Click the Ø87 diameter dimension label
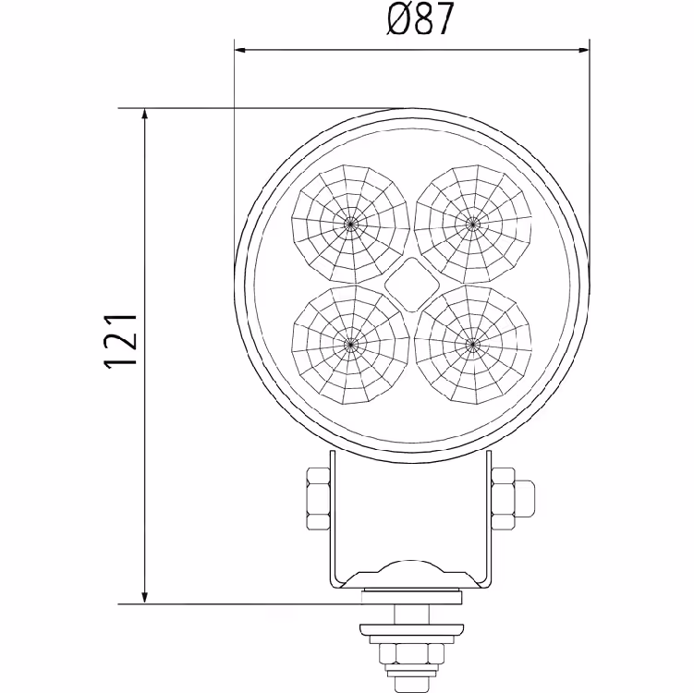pyautogui.click(x=420, y=19)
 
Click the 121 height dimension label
pyautogui.click(x=120, y=341)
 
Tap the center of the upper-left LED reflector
pyautogui.click(x=350, y=224)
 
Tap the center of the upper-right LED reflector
pyautogui.click(x=473, y=224)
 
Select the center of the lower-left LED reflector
pyautogui.click(x=350, y=344)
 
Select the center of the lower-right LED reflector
pyautogui.click(x=473, y=344)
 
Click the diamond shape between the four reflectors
pyautogui.click(x=411, y=284)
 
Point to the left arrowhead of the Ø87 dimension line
pyautogui.click(x=240, y=50)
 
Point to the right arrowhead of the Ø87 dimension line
pyautogui.click(x=583, y=50)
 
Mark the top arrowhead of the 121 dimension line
pyautogui.click(x=144, y=115)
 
